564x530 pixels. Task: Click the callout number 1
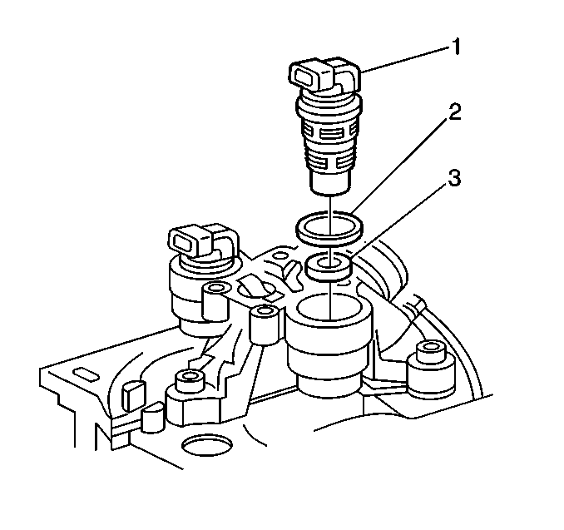pos(456,47)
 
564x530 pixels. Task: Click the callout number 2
pos(454,112)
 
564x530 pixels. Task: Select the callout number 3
pos(454,178)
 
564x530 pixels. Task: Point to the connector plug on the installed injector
pos(202,241)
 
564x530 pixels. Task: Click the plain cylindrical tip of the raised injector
pos(330,182)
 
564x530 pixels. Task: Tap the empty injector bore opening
pos(329,307)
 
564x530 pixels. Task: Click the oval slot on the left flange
pos(86,374)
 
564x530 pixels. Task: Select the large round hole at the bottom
pos(206,445)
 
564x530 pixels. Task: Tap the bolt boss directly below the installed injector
pos(215,301)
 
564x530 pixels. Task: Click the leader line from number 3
pos(399,218)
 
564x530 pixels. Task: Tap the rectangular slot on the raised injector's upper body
pos(329,135)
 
